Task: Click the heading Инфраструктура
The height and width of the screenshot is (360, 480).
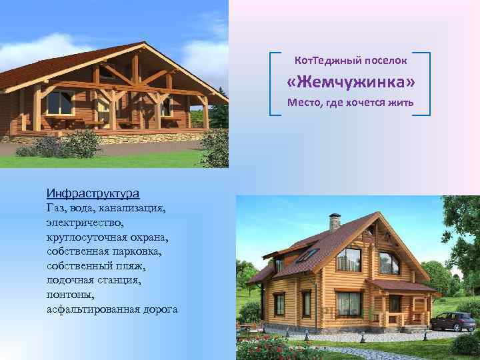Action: click(93, 193)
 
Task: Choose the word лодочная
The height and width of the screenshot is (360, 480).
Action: click(70, 281)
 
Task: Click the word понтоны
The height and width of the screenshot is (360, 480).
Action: click(71, 295)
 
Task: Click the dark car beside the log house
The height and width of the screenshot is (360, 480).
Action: click(453, 321)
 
